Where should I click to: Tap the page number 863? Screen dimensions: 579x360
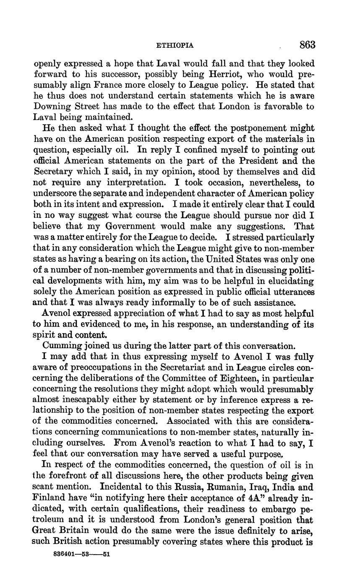click(307, 45)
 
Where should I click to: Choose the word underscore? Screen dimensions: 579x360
click(56, 193)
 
